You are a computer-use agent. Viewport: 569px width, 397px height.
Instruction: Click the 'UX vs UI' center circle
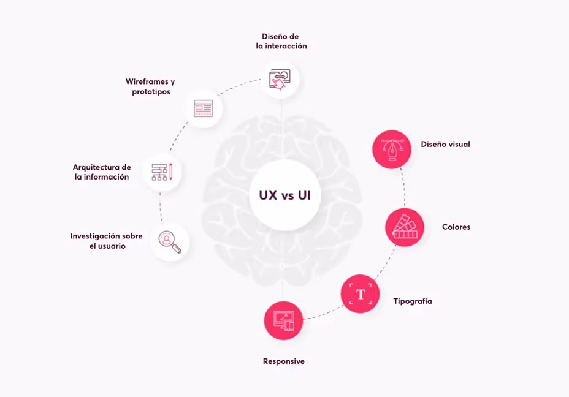pos(284,195)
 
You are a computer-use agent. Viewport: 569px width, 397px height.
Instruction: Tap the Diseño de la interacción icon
pos(280,79)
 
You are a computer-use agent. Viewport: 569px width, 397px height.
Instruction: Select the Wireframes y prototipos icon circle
pos(203,108)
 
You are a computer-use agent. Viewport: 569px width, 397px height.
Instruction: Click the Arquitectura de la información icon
pos(162,172)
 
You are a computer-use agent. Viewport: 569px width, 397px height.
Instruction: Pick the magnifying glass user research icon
pos(170,241)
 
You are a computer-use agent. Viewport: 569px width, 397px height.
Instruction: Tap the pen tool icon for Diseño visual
pos(392,149)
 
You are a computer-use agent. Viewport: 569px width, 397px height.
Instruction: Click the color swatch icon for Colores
pos(405,227)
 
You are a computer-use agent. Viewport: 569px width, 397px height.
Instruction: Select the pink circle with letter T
pos(361,294)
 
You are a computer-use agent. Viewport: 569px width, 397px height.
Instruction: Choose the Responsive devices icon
pos(284,320)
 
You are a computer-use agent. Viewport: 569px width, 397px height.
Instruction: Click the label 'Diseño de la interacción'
pos(281,41)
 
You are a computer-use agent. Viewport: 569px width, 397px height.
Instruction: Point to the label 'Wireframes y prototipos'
pos(150,86)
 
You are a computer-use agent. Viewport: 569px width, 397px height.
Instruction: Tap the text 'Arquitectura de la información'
pos(101,172)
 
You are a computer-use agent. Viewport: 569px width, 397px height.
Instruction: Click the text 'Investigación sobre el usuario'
pos(106,241)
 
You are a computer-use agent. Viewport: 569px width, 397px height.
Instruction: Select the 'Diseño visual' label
pos(445,145)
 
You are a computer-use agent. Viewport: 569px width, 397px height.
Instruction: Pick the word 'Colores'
pos(456,227)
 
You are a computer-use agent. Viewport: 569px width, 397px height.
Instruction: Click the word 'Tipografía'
pos(412,301)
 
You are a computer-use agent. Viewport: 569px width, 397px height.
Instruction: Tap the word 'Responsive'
pos(283,361)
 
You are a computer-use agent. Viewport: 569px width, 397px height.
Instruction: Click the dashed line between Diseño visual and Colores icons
pos(403,188)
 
